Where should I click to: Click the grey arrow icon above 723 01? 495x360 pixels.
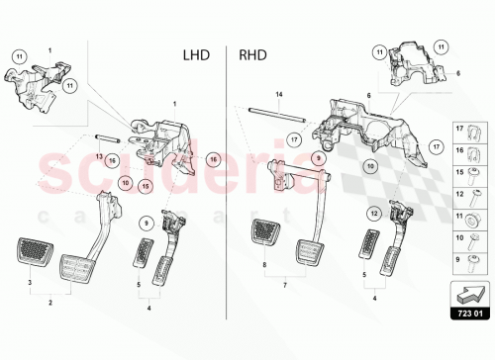(x=470, y=293)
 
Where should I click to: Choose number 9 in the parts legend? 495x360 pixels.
(x=458, y=259)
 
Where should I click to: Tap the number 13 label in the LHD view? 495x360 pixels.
(x=98, y=155)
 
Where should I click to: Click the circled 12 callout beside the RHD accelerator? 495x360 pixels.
(x=373, y=213)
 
